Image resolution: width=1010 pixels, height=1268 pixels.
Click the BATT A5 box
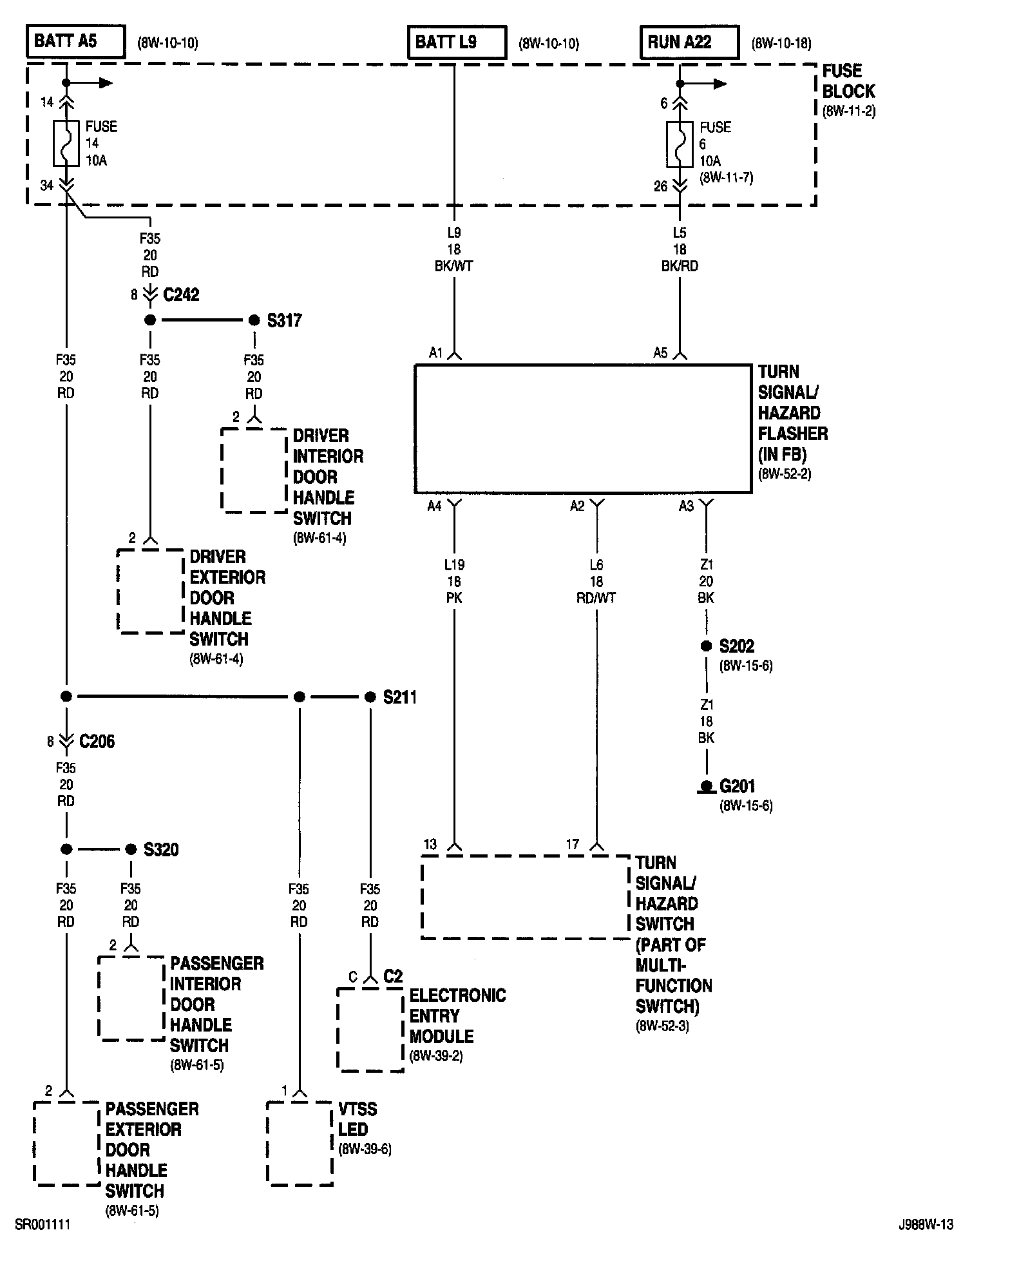(75, 42)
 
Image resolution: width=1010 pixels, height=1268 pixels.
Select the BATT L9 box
(456, 43)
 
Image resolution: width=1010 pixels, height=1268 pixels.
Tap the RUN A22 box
(689, 43)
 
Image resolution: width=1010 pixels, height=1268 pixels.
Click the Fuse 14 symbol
(66, 143)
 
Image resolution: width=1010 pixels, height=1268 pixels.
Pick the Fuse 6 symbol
(680, 144)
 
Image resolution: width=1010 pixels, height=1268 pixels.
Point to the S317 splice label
(284, 320)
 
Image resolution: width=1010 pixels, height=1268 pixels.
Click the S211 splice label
(400, 697)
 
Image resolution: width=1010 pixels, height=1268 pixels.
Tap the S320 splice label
(161, 849)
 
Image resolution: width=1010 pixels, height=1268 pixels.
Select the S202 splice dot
(706, 646)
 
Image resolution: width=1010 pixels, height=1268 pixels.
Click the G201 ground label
(737, 786)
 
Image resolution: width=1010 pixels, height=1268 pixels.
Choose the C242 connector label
(181, 295)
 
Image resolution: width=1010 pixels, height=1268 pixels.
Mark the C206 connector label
(97, 742)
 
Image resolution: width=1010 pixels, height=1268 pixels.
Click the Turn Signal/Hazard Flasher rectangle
(583, 429)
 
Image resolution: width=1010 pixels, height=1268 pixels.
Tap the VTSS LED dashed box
(300, 1143)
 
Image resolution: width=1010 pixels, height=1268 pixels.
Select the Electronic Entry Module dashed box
(370, 1030)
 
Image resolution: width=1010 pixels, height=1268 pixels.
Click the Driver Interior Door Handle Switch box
(254, 470)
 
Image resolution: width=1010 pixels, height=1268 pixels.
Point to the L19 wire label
(454, 564)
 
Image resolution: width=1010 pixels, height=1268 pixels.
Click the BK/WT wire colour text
(454, 266)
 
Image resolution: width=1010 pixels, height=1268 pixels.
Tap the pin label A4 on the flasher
(435, 506)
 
